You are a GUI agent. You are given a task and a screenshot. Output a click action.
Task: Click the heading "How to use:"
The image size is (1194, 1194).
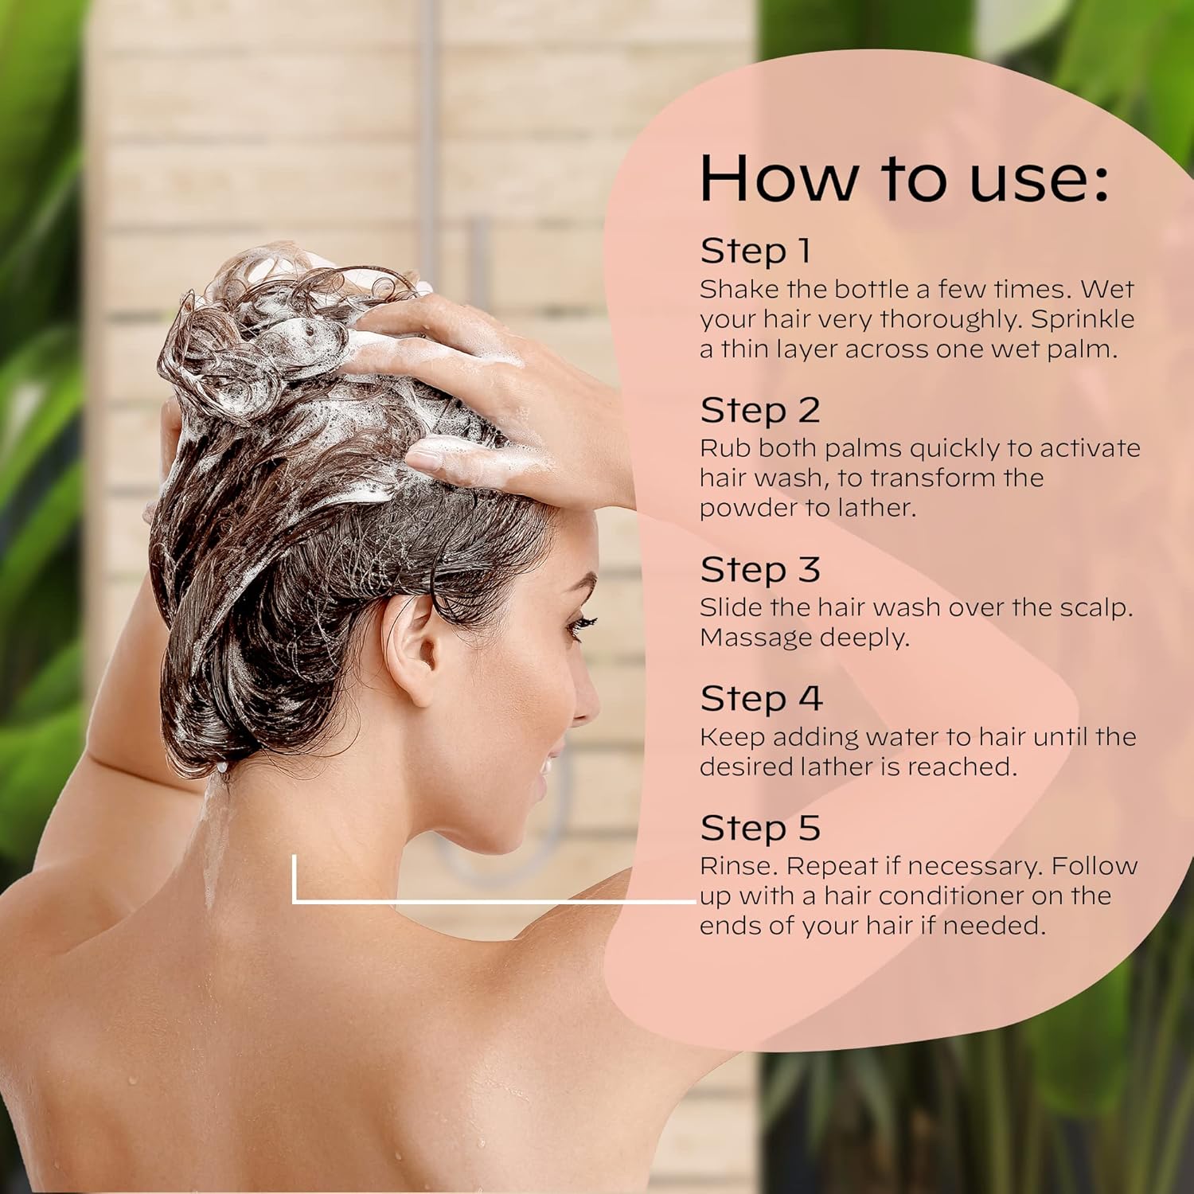pyautogui.click(x=903, y=178)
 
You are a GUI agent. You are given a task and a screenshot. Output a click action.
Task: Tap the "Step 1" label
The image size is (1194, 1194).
pyautogui.click(x=755, y=251)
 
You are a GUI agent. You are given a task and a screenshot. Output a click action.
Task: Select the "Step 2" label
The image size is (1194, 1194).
pyautogui.click(x=760, y=411)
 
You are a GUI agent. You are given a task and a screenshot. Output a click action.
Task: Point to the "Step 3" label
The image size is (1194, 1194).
pyautogui.click(x=760, y=570)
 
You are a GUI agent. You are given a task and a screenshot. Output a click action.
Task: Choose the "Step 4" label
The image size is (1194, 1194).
pyautogui.click(x=761, y=699)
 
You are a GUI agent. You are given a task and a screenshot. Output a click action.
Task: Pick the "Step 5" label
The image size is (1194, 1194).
pyautogui.click(x=760, y=828)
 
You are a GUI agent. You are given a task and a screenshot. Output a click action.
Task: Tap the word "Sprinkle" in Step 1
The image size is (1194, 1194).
pyautogui.click(x=1083, y=319)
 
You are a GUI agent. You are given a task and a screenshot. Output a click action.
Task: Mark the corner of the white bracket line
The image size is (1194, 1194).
pyautogui.click(x=295, y=901)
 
